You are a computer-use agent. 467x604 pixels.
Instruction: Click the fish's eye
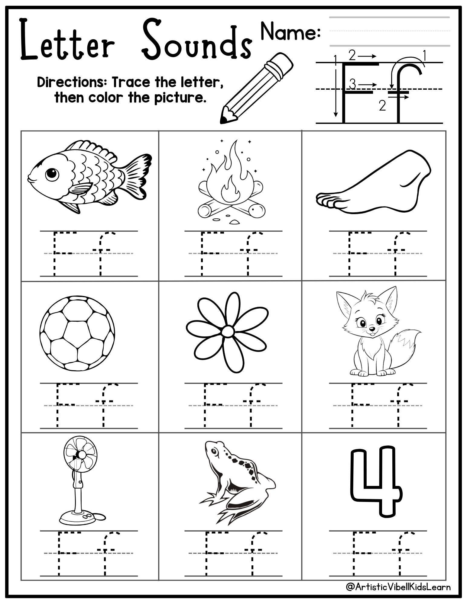[x=52, y=174]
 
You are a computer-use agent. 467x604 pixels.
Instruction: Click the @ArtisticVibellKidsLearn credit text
[x=398, y=587]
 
